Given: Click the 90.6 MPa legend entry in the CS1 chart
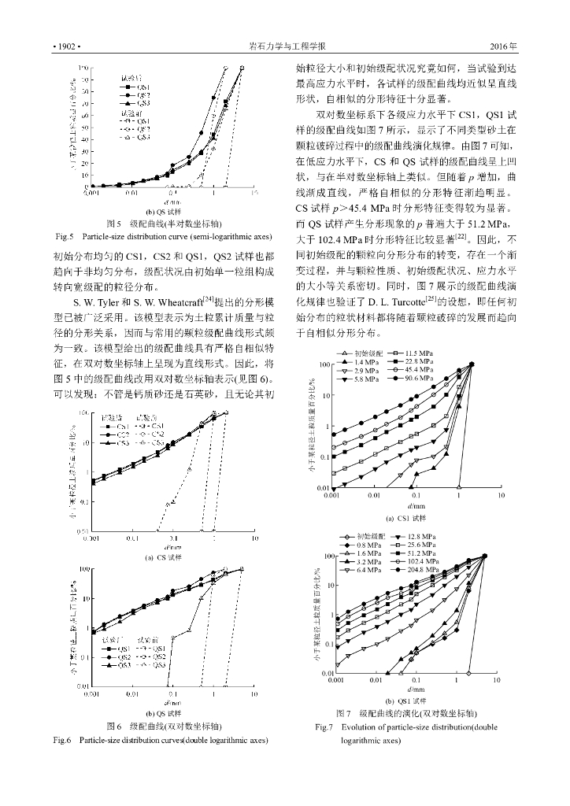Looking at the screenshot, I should click(x=420, y=379).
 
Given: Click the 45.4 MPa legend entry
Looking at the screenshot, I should click(x=420, y=369).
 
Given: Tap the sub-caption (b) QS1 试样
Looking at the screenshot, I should click(x=405, y=701).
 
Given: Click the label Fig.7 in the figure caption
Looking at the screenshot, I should click(x=325, y=726).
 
